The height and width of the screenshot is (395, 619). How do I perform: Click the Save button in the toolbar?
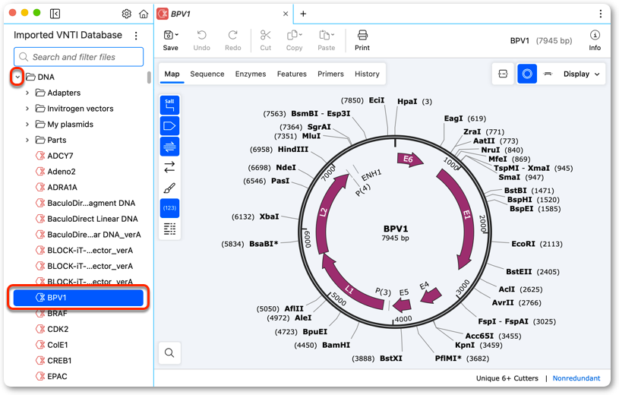pyautogui.click(x=171, y=40)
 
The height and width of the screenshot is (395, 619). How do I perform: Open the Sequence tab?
pyautogui.click(x=207, y=74)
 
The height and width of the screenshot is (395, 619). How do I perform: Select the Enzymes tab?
pyautogui.click(x=251, y=74)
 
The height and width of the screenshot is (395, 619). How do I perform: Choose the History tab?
pyautogui.click(x=367, y=74)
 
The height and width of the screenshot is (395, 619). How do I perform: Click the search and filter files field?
pyautogui.click(x=78, y=57)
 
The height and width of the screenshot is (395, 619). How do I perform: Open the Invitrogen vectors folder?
pyautogui.click(x=81, y=109)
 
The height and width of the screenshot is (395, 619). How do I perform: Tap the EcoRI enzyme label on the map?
pyautogui.click(x=523, y=244)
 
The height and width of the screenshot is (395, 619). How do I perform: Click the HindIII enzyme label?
pyautogui.click(x=293, y=150)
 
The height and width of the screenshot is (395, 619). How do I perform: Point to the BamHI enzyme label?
pyautogui.click(x=336, y=345)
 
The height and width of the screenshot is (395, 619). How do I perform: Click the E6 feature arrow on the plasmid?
pyautogui.click(x=410, y=160)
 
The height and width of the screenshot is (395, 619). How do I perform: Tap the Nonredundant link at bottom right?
pyautogui.click(x=576, y=378)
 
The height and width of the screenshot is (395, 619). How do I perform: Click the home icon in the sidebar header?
pyautogui.click(x=144, y=14)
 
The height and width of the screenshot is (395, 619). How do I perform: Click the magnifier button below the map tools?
pyautogui.click(x=169, y=352)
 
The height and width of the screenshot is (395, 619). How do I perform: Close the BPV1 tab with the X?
pyautogui.click(x=286, y=14)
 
